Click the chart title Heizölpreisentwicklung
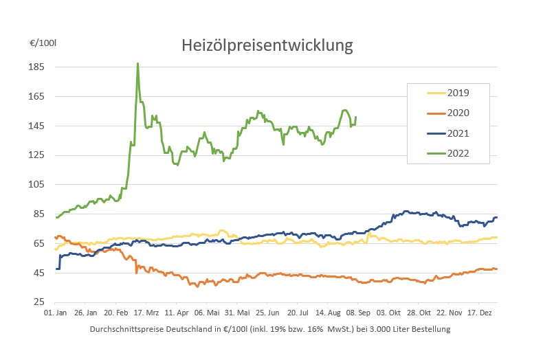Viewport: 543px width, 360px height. pyautogui.click(x=267, y=46)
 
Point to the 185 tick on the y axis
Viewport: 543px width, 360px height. pyautogui.click(x=36, y=67)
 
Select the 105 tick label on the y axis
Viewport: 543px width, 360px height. pyautogui.click(x=36, y=185)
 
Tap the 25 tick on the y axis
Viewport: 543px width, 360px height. pyautogui.click(x=39, y=302)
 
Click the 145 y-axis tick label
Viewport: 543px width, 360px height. pyautogui.click(x=36, y=126)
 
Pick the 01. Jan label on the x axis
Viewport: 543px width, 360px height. pyautogui.click(x=55, y=311)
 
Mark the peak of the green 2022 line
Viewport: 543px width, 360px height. pyautogui.click(x=137, y=64)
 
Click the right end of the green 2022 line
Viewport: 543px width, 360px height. pyautogui.click(x=355, y=117)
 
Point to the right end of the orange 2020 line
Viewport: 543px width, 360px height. pyautogui.click(x=497, y=269)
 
